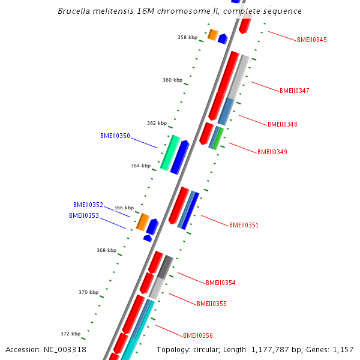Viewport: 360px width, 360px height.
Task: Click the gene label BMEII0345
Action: coord(312,40)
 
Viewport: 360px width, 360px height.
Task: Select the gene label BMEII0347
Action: coord(295,91)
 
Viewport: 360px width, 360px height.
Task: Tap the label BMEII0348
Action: coord(283,125)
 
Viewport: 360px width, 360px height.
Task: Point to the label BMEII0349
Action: coord(272,152)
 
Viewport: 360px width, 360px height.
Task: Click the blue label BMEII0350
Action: coord(115,136)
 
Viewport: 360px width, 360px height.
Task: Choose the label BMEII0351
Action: coord(244,226)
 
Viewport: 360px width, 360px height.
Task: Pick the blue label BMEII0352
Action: coord(88,205)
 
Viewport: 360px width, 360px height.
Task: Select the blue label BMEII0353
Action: coord(84,216)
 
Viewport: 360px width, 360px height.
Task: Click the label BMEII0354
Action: coord(221,283)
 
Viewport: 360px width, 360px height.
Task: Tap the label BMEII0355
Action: coord(212,304)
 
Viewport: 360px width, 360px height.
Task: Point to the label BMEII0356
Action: coord(198,336)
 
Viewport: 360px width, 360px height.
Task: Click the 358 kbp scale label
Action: coord(187,37)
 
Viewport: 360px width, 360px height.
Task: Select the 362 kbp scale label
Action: coord(157,124)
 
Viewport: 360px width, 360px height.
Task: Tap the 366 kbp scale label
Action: coord(124,208)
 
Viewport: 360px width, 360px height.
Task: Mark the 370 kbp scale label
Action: coord(88,293)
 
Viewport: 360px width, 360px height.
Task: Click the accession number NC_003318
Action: coord(65,349)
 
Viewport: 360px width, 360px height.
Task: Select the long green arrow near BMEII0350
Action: coord(170,152)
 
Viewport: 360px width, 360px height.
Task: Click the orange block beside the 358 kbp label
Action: coord(212,35)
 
